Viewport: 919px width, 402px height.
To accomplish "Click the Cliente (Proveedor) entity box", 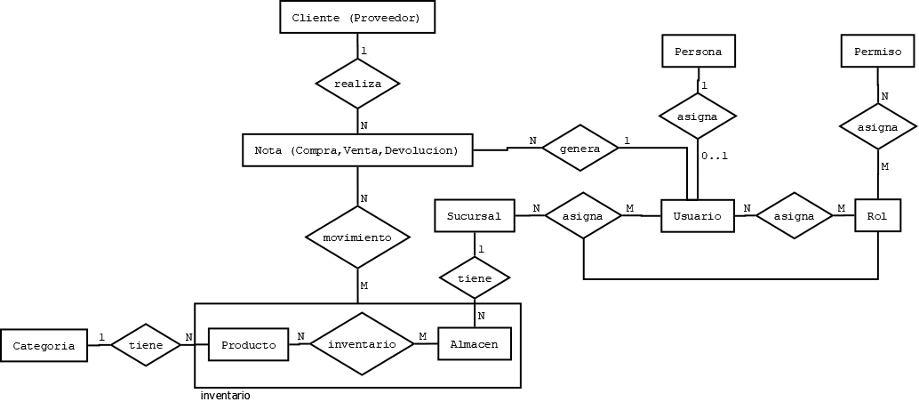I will pyautogui.click(x=356, y=18).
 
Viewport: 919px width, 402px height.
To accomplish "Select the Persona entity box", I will pyautogui.click(x=698, y=52).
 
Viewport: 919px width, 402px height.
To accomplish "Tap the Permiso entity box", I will pyautogui.click(x=877, y=52).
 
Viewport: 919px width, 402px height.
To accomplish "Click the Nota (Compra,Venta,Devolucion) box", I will pyautogui.click(x=357, y=149).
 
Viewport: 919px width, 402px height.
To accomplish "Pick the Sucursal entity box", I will pyautogui.click(x=474, y=215).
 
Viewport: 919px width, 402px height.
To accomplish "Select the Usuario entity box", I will pyautogui.click(x=698, y=216).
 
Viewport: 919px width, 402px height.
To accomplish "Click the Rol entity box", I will pyautogui.click(x=877, y=215).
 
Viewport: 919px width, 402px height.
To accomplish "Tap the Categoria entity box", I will pyautogui.click(x=44, y=346).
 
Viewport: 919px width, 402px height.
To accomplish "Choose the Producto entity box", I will pyautogui.click(x=248, y=344).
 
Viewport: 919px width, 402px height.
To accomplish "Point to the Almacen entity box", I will pyautogui.click(x=475, y=344).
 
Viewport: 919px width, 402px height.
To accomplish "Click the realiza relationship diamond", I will pyautogui.click(x=357, y=84).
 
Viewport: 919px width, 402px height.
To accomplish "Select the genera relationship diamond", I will pyautogui.click(x=581, y=149).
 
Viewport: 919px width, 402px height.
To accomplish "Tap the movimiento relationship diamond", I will pyautogui.click(x=357, y=237).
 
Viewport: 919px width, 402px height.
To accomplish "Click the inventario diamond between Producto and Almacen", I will pyautogui.click(x=361, y=343).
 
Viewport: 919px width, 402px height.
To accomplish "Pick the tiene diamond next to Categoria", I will pyautogui.click(x=146, y=344).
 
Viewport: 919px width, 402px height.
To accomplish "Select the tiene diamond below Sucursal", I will pyautogui.click(x=475, y=278).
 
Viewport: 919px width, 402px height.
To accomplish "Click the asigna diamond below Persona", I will pyautogui.click(x=698, y=116).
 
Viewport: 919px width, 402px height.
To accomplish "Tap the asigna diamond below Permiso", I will pyautogui.click(x=877, y=128).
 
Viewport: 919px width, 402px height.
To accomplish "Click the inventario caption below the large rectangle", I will pyautogui.click(x=225, y=395).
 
